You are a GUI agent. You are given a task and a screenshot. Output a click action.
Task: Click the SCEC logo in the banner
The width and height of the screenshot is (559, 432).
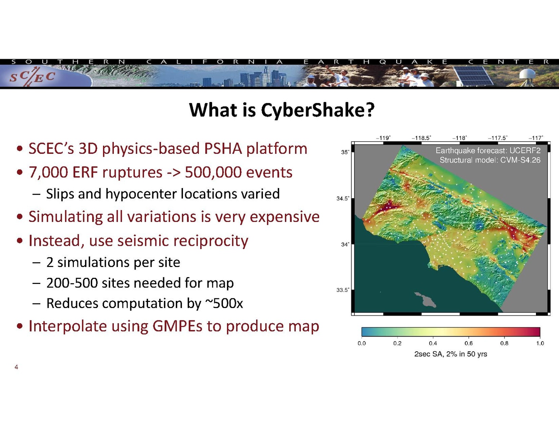coord(32,77)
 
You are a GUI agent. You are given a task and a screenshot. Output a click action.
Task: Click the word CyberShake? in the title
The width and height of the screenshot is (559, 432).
coord(318,110)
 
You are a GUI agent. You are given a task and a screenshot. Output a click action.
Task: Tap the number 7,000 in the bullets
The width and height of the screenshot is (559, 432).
coord(48,172)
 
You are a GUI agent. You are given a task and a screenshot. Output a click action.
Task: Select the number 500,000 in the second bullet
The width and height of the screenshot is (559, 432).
coord(213,172)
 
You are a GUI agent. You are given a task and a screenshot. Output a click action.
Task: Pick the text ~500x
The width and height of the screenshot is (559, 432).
coord(224,303)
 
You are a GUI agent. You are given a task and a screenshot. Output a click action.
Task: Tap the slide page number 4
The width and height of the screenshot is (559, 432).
coord(17,367)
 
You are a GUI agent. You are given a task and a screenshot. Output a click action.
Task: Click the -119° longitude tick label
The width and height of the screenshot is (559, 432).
coord(383,138)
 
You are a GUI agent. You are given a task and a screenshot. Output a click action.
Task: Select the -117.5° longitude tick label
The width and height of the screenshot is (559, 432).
coord(498,138)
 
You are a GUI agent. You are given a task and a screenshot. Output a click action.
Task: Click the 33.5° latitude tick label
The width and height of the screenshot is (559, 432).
coord(343,290)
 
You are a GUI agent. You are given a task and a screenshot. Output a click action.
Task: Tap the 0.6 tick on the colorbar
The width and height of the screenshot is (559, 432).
coord(469,343)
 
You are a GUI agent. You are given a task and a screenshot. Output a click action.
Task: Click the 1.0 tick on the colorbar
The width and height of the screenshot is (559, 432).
coord(540,343)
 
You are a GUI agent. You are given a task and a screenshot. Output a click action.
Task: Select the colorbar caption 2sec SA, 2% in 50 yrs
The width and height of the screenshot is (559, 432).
coord(451,354)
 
